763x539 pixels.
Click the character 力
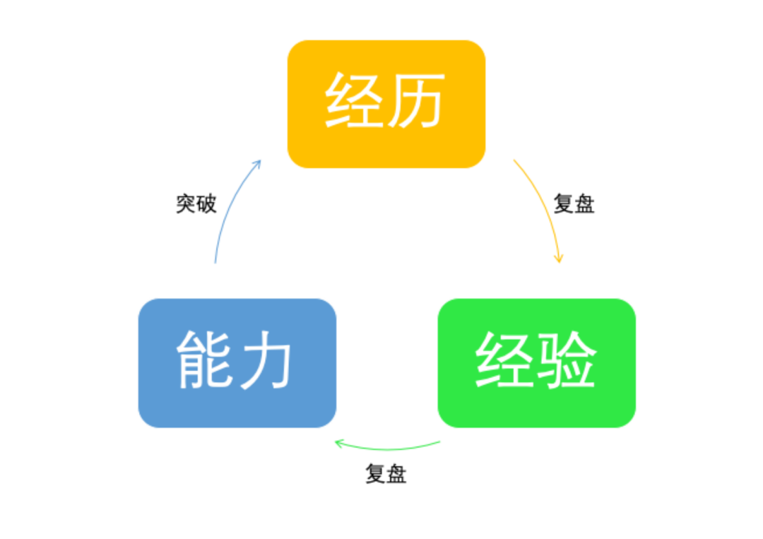click(266, 360)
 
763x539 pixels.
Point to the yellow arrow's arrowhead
click(559, 259)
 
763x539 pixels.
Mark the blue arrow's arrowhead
click(258, 163)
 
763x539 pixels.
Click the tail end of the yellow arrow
click(514, 160)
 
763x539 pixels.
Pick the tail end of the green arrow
click(440, 442)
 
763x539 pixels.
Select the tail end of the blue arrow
click(215, 263)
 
